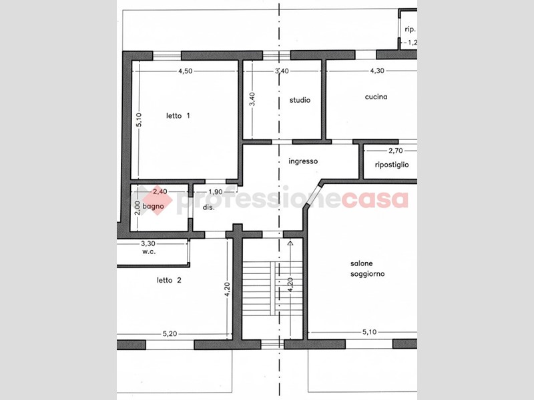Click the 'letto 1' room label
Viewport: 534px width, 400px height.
tap(178, 115)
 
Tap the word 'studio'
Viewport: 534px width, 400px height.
tap(300, 100)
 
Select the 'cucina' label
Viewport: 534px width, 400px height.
tap(376, 97)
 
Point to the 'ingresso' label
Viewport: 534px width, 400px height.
tap(303, 161)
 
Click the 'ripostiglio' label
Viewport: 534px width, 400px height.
tap(392, 165)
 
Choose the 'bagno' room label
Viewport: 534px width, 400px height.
tap(153, 206)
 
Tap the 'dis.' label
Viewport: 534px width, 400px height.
tap(209, 207)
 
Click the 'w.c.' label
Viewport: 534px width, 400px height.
tap(149, 252)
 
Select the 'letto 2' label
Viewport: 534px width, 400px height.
tap(169, 280)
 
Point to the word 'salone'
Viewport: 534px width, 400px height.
tap(361, 263)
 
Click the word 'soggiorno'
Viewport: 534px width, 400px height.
tap(368, 274)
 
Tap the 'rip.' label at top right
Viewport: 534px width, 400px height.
tap(410, 29)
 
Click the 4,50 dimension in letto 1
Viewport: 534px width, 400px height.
tap(186, 71)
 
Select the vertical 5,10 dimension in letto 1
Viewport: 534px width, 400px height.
tap(140, 120)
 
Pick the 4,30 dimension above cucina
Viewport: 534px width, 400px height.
tap(377, 71)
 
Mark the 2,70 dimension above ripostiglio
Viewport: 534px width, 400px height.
tap(395, 151)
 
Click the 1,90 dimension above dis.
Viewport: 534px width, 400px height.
tap(215, 192)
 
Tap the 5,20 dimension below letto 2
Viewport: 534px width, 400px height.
tap(170, 334)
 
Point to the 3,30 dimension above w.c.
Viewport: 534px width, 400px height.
tap(148, 243)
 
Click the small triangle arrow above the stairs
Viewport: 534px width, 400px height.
tap(290, 243)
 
